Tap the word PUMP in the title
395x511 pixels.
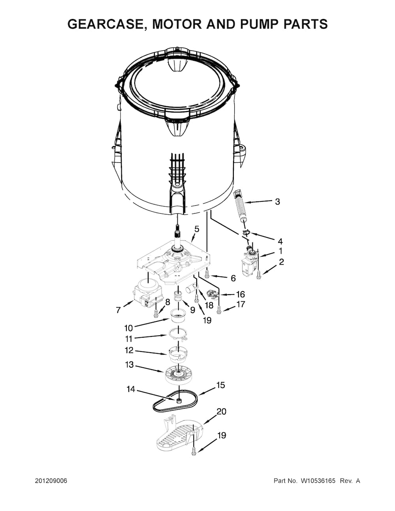point(259,24)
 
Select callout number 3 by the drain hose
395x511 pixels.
point(277,202)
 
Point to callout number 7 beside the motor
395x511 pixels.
point(118,310)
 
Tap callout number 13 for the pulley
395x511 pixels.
point(130,365)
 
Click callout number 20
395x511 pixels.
point(221,411)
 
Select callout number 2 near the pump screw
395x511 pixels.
point(281,262)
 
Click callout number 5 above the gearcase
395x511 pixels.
point(197,229)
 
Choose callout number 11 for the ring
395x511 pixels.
point(129,338)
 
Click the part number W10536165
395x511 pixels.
point(318,481)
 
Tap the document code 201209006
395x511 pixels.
point(51,481)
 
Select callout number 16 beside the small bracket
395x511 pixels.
point(240,295)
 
